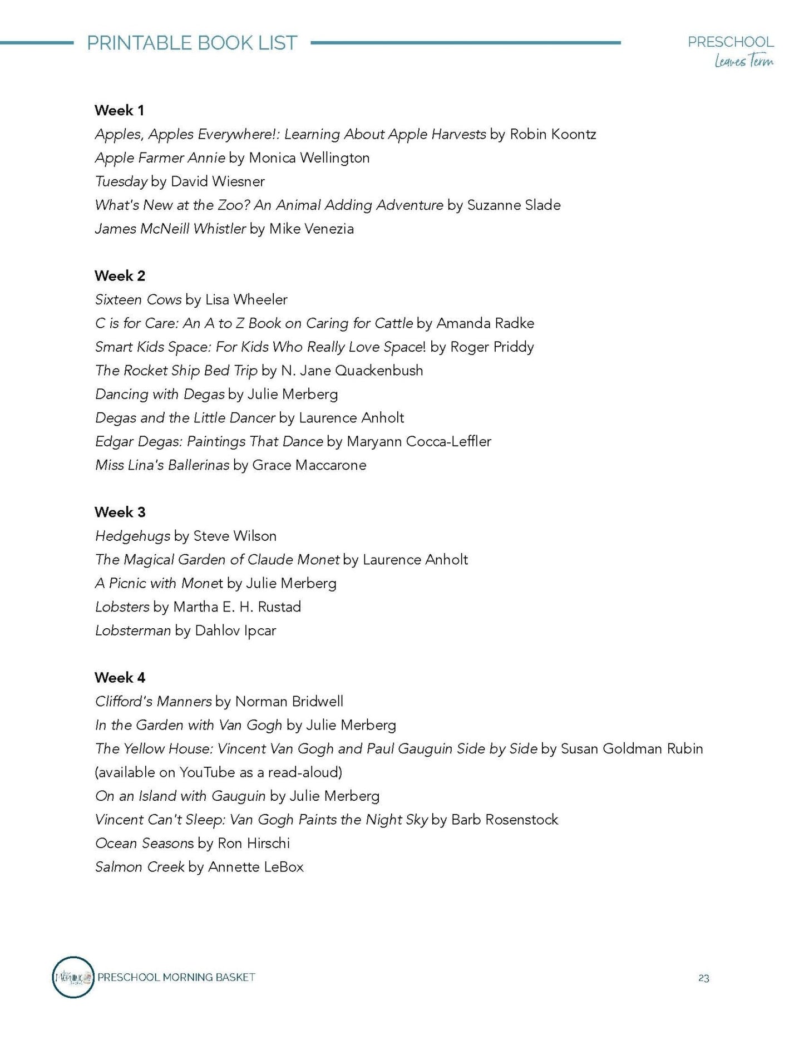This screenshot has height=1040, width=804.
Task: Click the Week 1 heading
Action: click(119, 110)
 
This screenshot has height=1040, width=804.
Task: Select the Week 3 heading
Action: click(120, 512)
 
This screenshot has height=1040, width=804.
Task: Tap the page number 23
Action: click(703, 978)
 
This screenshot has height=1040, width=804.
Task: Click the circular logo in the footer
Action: click(73, 977)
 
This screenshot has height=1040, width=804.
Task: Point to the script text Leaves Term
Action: click(743, 61)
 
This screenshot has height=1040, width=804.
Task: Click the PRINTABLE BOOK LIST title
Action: click(192, 43)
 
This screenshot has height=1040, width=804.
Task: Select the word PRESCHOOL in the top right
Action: click(730, 42)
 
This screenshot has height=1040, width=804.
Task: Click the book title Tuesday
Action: click(121, 181)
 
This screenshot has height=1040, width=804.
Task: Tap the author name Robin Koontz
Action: click(553, 134)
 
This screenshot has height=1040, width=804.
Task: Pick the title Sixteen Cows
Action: click(138, 299)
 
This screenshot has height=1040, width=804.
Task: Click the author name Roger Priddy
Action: click(492, 347)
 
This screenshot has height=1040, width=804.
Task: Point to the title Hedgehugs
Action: click(132, 536)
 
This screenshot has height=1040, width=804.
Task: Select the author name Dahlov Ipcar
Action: click(235, 630)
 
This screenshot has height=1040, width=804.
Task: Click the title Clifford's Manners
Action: click(153, 701)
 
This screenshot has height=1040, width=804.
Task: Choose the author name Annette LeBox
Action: click(255, 867)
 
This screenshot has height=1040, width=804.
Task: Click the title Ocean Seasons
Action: click(144, 843)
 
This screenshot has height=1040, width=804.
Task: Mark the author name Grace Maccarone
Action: click(309, 465)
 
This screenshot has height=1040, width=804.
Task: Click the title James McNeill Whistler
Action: click(170, 229)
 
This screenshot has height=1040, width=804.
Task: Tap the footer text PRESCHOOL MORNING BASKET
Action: click(176, 977)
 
